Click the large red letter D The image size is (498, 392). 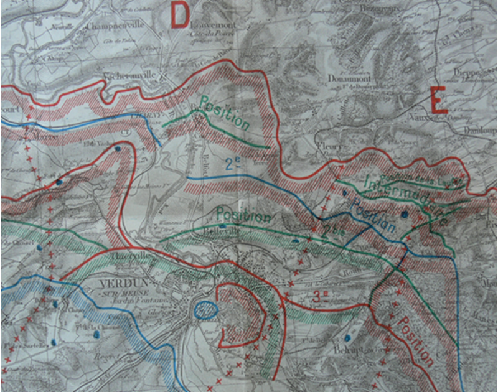(x=179, y=15)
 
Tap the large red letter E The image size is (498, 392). (x=439, y=100)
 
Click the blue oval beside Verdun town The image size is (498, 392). (x=205, y=308)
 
